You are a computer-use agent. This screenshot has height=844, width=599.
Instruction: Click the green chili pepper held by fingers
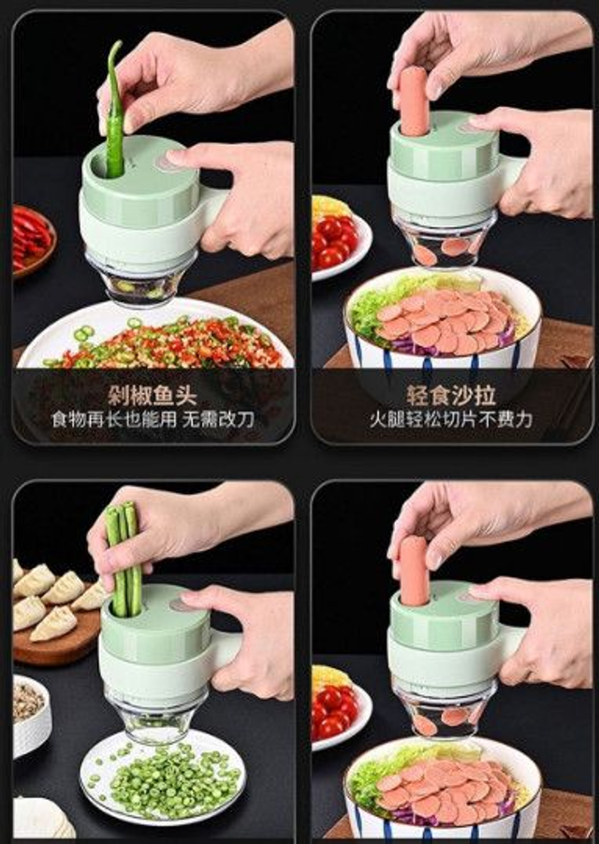[x=114, y=108]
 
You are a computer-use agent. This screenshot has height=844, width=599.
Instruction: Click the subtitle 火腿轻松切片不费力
[x=452, y=419]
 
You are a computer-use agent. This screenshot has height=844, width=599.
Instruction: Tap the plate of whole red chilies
[x=31, y=239]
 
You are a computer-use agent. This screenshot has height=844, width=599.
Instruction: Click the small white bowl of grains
[x=31, y=711]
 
